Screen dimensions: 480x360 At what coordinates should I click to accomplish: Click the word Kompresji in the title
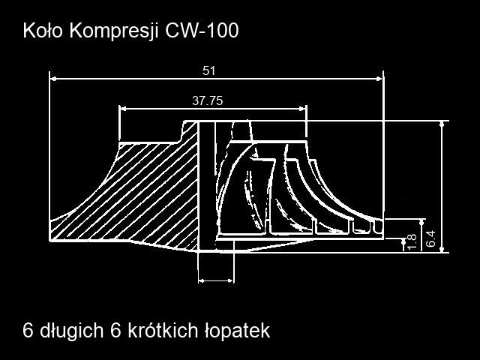(114, 31)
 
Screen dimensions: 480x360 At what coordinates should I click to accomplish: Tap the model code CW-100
(202, 31)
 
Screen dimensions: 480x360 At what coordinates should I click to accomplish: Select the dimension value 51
(209, 71)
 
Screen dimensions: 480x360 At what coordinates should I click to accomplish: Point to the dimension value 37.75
(208, 100)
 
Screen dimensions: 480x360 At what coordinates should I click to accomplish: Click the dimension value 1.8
(412, 241)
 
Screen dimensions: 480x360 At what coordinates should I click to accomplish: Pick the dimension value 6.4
(430, 238)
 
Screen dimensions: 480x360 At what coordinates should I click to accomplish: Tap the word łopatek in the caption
(237, 331)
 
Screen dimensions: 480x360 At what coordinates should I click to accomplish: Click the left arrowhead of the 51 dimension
(53, 79)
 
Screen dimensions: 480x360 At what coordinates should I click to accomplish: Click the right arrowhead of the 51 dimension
(379, 79)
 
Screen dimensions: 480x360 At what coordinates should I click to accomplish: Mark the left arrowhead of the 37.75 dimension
(123, 108)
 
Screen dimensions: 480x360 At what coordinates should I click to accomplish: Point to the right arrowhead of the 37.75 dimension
(302, 108)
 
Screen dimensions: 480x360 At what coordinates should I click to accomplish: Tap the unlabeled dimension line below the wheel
(216, 280)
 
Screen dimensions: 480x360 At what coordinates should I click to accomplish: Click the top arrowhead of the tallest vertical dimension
(442, 124)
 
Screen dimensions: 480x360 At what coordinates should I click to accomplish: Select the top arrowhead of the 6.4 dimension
(422, 222)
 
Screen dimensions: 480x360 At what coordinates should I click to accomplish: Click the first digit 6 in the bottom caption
(28, 331)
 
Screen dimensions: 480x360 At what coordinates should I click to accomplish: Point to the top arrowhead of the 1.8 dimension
(403, 241)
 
